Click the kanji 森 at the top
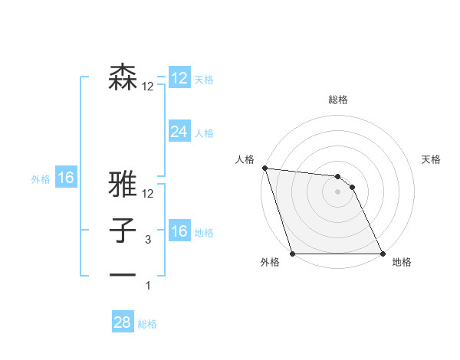pyautogui.click(x=123, y=77)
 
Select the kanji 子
pyautogui.click(x=123, y=231)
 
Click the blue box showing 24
pyautogui.click(x=179, y=132)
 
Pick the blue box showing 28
pyautogui.click(x=122, y=322)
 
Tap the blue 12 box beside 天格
pyautogui.click(x=179, y=78)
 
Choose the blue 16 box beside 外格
pyautogui.click(x=65, y=178)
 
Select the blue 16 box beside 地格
pyautogui.click(x=179, y=231)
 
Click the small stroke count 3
pyautogui.click(x=148, y=240)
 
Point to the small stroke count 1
pyautogui.click(x=148, y=286)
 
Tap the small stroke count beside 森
pyautogui.click(x=147, y=87)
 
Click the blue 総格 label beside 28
pyautogui.click(x=147, y=324)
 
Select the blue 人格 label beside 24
pyautogui.click(x=204, y=133)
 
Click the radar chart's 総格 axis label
pyautogui.click(x=338, y=100)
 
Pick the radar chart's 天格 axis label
pyautogui.click(x=432, y=159)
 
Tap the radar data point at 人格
pyautogui.click(x=264, y=168)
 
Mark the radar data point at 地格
pyautogui.click(x=383, y=254)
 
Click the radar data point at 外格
pyautogui.click(x=292, y=254)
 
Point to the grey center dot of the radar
pyautogui.click(x=338, y=191)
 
